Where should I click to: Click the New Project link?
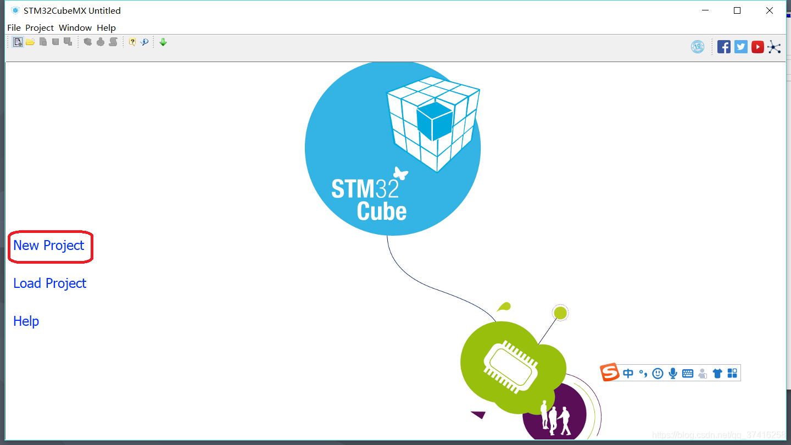49,246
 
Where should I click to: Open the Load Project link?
50,283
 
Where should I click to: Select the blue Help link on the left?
26,321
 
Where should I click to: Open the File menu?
14,27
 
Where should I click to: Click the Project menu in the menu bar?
40,27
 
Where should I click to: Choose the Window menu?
75,27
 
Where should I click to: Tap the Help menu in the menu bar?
106,27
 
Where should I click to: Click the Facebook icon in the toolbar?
724,47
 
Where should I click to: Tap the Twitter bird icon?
741,47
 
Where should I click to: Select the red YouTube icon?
757,47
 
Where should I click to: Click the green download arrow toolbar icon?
163,42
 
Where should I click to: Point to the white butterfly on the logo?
400,174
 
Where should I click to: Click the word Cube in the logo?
382,212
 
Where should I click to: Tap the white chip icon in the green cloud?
510,366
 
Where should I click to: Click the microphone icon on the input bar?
672,374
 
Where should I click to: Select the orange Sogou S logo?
609,372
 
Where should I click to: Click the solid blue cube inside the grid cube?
434,120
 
